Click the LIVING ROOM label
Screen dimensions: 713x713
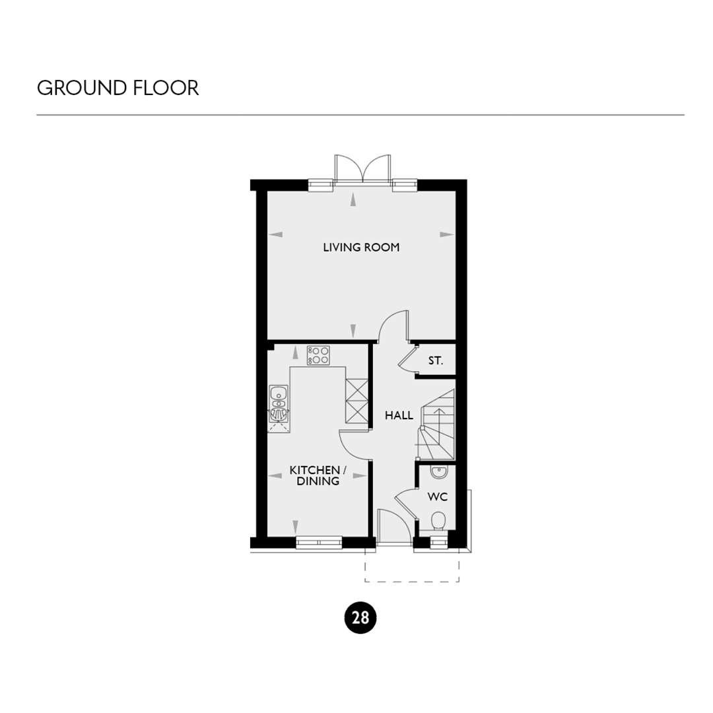coord(361,248)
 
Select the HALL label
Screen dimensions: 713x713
coord(399,415)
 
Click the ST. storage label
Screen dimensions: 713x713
coord(435,361)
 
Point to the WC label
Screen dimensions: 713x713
coord(438,496)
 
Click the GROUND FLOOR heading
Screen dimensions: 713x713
coord(118,88)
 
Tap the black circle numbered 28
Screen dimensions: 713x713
coord(360,618)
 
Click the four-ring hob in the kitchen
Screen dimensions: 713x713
coord(318,356)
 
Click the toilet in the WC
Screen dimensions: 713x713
coord(438,521)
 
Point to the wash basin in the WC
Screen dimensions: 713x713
coord(439,473)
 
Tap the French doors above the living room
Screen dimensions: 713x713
coord(362,169)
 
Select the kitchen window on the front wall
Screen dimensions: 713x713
coord(319,542)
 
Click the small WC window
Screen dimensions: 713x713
coord(439,542)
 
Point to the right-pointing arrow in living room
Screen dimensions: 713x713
coord(447,234)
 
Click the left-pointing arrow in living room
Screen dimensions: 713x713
coord(275,234)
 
